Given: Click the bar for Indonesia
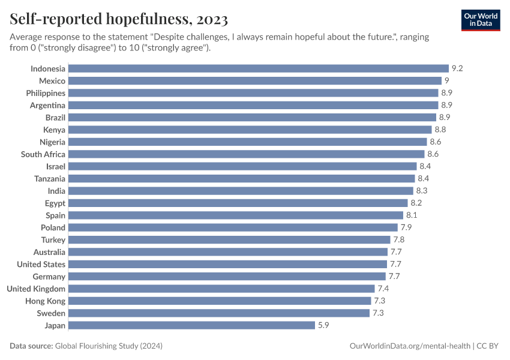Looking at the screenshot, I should [x=259, y=68].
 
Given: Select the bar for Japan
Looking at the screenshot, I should [x=191, y=325].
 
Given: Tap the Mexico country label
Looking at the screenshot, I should [x=52, y=81].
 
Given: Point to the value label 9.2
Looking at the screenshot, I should [x=457, y=68].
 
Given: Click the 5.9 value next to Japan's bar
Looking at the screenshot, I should [x=323, y=325].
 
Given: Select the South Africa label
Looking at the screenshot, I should [x=43, y=154].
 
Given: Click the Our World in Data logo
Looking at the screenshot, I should [x=480, y=19].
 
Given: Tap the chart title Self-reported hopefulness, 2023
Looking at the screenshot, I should [x=119, y=20].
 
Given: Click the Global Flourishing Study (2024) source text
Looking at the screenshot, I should [x=109, y=346].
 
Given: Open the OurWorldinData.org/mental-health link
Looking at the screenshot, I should [x=409, y=346].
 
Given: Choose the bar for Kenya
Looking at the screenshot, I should [x=250, y=130].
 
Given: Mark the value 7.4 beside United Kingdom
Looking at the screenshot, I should [x=383, y=289].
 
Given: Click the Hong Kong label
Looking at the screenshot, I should [x=46, y=301].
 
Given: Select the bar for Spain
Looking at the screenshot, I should [x=236, y=215].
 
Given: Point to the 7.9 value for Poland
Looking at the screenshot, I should [x=406, y=227].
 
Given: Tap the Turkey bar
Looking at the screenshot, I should [x=230, y=240].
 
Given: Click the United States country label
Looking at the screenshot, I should [x=41, y=265].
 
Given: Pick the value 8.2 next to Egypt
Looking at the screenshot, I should [x=416, y=203].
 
